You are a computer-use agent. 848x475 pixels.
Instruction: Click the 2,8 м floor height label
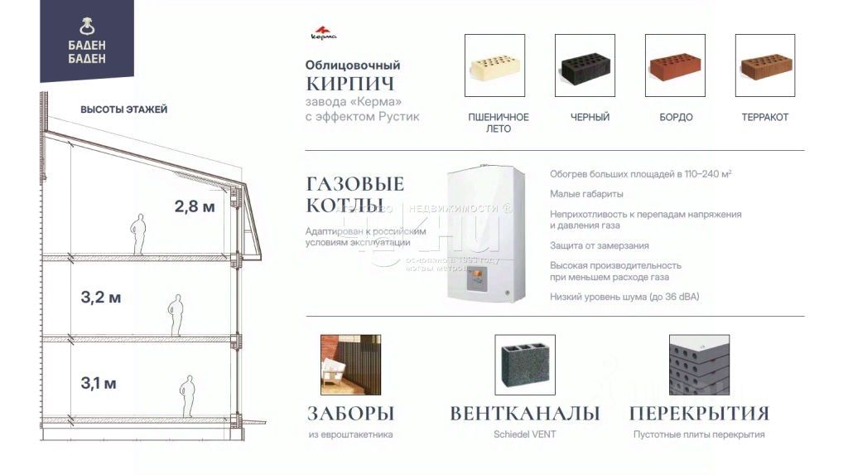click(194, 207)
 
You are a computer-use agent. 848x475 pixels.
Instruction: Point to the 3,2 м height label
click(100, 298)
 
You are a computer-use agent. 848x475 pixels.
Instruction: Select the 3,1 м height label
click(99, 383)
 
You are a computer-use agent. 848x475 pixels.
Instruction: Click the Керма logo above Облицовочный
click(322, 35)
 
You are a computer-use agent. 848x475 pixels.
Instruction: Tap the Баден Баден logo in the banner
click(87, 41)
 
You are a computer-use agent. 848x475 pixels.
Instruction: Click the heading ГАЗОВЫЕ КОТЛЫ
click(354, 194)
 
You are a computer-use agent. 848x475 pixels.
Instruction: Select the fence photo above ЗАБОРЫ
click(350, 365)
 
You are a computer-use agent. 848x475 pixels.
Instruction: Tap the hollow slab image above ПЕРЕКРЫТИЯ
click(699, 365)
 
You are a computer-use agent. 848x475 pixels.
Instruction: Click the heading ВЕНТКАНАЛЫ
click(525, 413)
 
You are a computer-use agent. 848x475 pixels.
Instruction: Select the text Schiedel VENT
click(525, 434)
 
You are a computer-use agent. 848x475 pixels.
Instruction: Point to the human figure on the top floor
click(140, 235)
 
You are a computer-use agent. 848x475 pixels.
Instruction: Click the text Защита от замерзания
click(599, 245)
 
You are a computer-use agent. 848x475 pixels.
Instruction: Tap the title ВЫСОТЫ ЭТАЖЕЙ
click(124, 109)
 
